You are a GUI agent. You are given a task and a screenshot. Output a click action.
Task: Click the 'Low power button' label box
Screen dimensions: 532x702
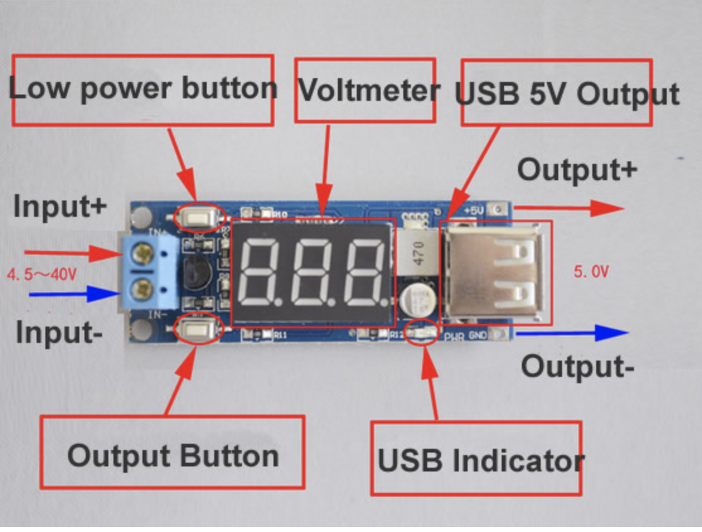pos(142,90)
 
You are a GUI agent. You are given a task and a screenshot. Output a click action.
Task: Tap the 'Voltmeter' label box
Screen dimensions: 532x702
pos(365,91)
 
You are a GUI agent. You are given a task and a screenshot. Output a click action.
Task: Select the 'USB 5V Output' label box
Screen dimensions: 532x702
pos(557,93)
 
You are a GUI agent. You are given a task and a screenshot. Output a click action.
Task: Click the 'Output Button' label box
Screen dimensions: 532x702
pos(172,453)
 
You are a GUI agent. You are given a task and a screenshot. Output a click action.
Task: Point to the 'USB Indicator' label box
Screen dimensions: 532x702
pos(476,459)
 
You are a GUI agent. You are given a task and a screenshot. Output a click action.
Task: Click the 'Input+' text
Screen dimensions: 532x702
pos(60,207)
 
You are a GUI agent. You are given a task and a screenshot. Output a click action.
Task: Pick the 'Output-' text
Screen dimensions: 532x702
pos(577,366)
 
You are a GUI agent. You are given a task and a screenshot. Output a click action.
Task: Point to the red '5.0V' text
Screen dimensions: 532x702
pos(591,272)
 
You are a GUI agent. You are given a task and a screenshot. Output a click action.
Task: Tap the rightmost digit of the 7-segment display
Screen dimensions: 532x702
pos(365,272)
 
